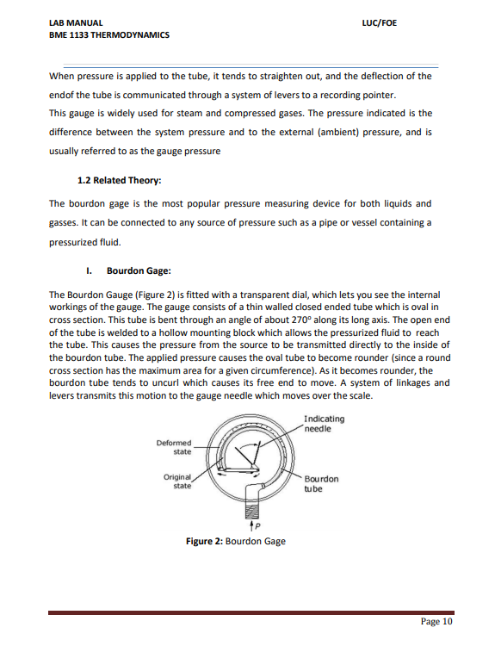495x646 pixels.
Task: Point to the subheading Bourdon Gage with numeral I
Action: click(x=127, y=270)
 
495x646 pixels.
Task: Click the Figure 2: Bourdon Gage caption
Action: click(x=236, y=541)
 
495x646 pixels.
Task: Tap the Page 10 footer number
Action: click(x=436, y=621)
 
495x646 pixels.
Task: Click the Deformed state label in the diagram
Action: click(x=175, y=447)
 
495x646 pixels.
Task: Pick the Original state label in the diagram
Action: click(x=177, y=481)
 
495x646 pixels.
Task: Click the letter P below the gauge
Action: click(x=256, y=526)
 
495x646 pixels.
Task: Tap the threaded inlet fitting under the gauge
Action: click(x=254, y=497)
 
